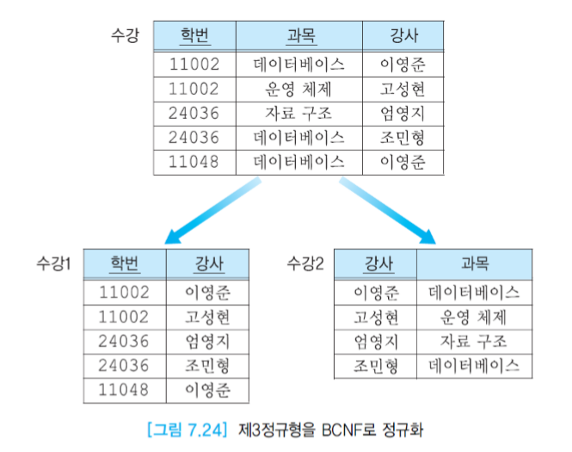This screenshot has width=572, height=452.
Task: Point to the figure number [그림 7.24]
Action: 184,428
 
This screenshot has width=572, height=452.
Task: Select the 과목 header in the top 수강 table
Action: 299,37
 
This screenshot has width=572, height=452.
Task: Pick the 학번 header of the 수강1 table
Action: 125,263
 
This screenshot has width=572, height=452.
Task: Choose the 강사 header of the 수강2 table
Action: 377,263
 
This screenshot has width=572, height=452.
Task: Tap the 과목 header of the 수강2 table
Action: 474,263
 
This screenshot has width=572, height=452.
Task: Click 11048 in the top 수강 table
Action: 194,161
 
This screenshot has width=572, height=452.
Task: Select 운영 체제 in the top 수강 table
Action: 299,89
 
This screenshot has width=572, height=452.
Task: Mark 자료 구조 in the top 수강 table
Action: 299,113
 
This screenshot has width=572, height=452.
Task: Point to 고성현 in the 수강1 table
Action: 208,316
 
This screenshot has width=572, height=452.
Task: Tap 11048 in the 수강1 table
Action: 125,390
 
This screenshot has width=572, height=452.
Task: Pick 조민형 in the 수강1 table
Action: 208,365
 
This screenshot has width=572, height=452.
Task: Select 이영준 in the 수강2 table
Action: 377,293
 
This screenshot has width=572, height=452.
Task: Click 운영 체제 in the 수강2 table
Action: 474,317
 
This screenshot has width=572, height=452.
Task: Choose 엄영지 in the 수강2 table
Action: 377,341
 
